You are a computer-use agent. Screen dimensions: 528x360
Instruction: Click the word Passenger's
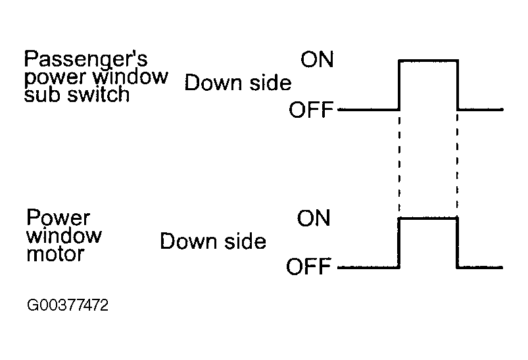pos(86,60)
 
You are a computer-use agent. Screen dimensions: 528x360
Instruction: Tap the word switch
pos(99,94)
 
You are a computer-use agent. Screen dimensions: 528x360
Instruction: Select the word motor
pos(55,254)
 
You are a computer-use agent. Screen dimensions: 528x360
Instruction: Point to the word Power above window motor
pos(59,217)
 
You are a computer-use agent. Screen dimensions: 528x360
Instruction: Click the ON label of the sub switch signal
pos(317,59)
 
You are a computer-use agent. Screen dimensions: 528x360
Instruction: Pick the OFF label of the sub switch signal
pos(311,109)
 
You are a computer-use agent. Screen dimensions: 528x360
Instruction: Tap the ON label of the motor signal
pos(314,218)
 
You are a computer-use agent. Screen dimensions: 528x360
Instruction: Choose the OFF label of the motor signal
pos(308,267)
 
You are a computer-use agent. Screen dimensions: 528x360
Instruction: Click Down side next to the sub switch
pos(238,83)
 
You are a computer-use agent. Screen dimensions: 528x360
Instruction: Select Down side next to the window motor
pos(213,242)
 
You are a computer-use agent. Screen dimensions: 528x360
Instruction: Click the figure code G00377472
pos(68,305)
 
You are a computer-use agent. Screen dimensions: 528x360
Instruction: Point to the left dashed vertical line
pos(399,164)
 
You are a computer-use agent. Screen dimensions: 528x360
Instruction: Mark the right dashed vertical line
pos(457,164)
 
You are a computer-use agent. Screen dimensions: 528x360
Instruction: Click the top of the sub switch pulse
pos(428,61)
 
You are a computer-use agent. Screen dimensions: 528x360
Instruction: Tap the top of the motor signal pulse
pos(427,219)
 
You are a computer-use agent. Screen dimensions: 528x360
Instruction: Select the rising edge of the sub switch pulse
pos(399,85)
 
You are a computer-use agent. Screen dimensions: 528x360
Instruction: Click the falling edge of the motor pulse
pos(457,243)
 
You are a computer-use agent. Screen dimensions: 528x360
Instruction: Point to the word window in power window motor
pos(64,236)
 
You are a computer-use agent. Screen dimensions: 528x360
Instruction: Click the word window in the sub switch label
pos(130,77)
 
